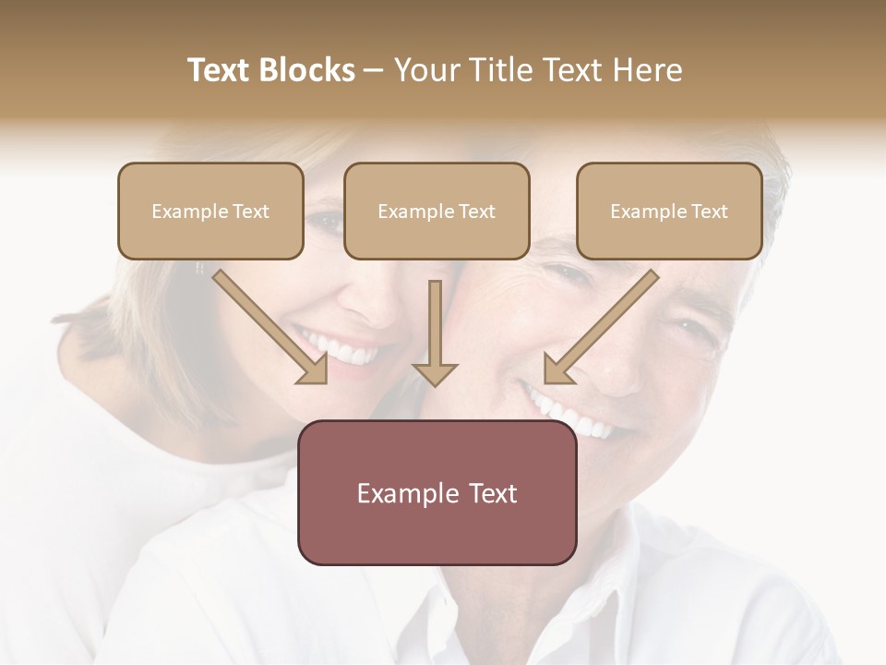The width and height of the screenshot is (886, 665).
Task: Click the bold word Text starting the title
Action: [x=222, y=70]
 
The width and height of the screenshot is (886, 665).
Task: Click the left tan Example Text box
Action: [x=210, y=211]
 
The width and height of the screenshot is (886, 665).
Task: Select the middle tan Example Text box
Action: [x=437, y=211]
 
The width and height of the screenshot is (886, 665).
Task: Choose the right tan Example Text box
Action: [x=669, y=211]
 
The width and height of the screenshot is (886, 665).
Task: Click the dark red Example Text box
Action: [x=437, y=492]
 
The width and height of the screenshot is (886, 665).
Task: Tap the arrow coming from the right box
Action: [x=600, y=327]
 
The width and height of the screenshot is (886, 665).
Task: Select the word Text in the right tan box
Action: [x=710, y=212]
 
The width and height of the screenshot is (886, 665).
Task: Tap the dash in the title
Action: [x=374, y=70]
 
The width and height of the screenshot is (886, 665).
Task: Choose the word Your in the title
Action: [x=425, y=70]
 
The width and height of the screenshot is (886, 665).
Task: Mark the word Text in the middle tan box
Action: [x=477, y=212]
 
